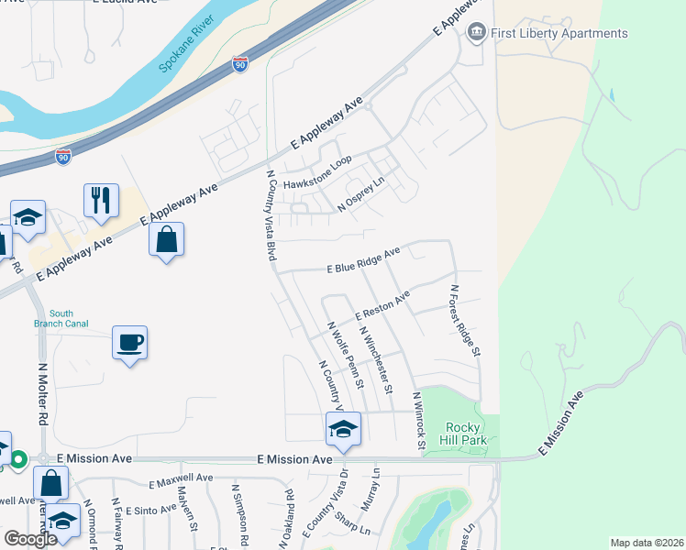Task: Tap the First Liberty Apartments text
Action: (560, 34)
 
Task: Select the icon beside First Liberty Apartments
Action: (476, 34)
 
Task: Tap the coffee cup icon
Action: (129, 343)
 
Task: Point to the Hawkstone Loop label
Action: (317, 172)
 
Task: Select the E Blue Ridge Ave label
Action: (364, 260)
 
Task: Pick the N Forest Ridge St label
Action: (465, 320)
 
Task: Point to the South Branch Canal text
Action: (61, 318)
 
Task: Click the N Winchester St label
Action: (376, 360)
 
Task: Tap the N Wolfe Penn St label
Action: (346, 353)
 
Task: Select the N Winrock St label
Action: (418, 422)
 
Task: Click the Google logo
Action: (30, 538)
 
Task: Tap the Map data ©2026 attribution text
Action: (647, 543)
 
